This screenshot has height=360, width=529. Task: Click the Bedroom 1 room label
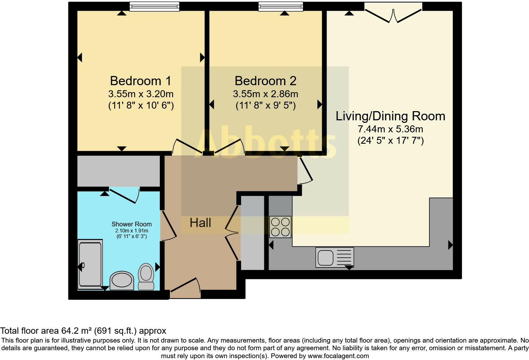tap(140, 81)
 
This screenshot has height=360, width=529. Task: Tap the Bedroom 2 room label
tap(265, 81)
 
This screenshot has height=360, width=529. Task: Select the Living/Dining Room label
tap(390, 116)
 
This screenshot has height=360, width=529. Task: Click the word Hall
tap(200, 223)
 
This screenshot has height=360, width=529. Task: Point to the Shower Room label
tap(132, 224)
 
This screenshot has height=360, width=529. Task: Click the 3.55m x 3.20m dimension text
tap(141, 94)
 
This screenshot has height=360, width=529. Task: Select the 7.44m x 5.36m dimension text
tap(390, 129)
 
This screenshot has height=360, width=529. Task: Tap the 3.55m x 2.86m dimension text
tap(265, 94)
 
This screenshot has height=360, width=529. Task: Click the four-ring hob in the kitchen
tap(280, 227)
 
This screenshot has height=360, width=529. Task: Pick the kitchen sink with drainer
tap(335, 257)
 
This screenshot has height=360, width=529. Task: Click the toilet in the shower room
tap(146, 276)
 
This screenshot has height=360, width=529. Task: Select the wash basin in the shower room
tap(121, 281)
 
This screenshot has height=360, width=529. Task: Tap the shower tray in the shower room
tap(90, 264)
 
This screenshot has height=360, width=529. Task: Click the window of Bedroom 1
tap(154, 6)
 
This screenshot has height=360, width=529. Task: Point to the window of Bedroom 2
tap(281, 6)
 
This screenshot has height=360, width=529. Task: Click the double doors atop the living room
tap(393, 13)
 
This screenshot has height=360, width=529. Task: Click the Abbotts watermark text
tap(265, 143)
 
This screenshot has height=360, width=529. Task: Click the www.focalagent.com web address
tap(338, 356)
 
